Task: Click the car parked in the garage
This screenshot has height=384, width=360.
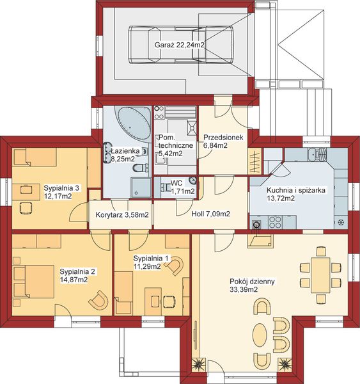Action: coord(181,45)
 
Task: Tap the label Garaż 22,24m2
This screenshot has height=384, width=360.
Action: coord(180,45)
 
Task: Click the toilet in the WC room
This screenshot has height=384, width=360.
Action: coord(166,188)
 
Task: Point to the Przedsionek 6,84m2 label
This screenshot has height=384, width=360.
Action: coord(223,141)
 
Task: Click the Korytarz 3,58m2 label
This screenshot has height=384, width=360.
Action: coord(122,215)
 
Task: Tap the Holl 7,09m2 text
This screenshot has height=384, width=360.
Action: coord(211,214)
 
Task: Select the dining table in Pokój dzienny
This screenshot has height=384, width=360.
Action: coord(320,275)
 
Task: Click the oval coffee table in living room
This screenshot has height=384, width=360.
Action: coord(260,334)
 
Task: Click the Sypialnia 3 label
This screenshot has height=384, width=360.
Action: coord(61,188)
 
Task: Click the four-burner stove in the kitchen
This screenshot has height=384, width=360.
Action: coord(275,222)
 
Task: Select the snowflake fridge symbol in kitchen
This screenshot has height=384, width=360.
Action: coord(340,222)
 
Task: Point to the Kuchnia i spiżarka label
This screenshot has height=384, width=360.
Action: coord(296,190)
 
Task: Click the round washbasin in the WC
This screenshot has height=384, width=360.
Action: coord(193,180)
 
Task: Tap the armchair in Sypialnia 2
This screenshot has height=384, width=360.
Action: coord(99,300)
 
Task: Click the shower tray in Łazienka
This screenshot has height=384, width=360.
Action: coord(141,188)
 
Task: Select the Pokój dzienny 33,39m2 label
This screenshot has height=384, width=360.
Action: coord(252,285)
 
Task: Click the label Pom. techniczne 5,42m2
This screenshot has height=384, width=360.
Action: coord(175,145)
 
